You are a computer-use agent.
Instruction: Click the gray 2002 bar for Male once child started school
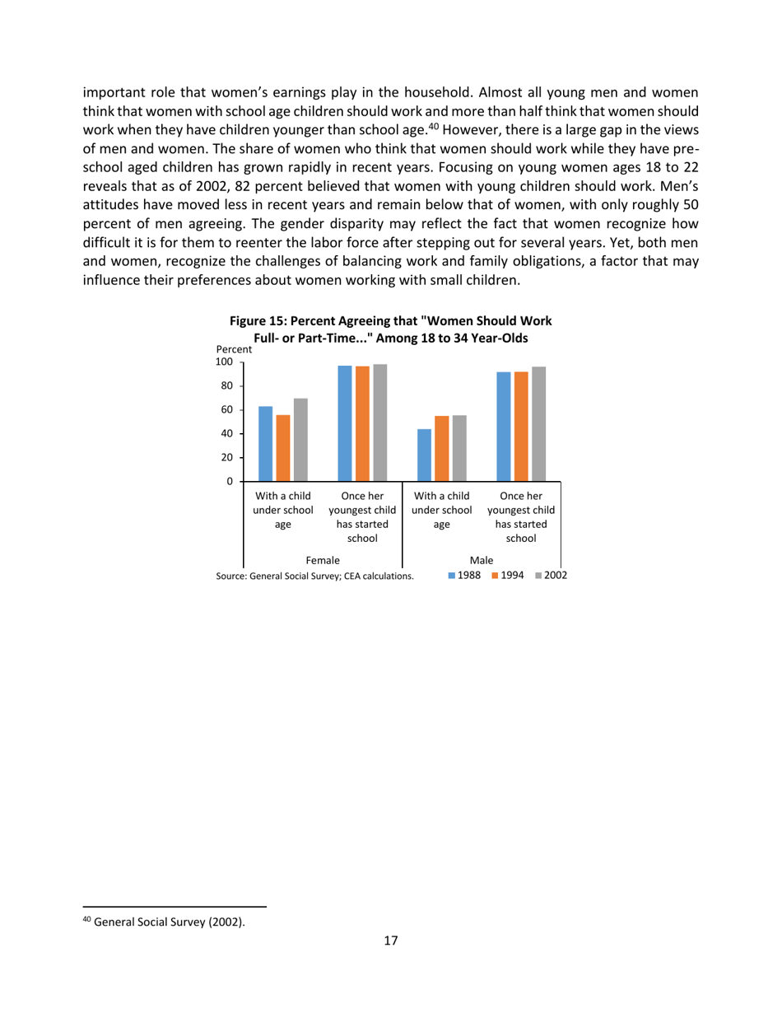pyautogui.click(x=538, y=423)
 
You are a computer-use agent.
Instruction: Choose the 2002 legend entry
pyautogui.click(x=551, y=576)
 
